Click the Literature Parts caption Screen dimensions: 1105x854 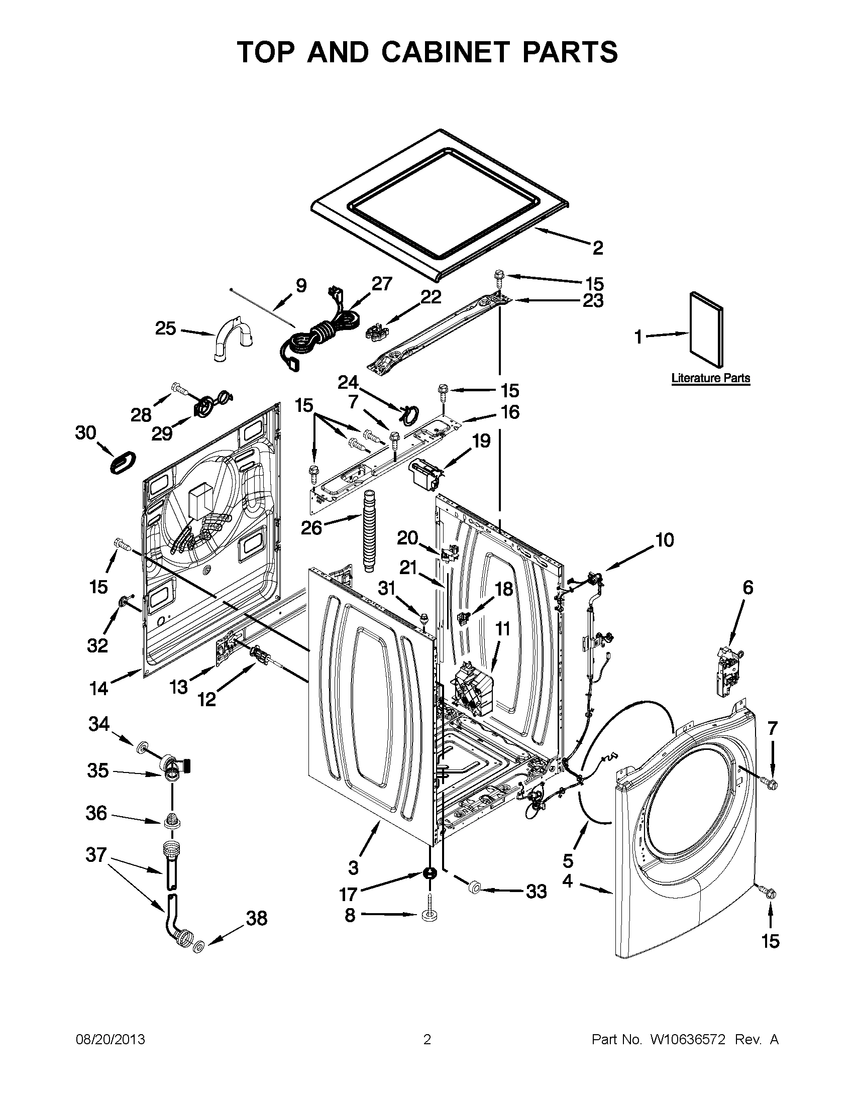pyautogui.click(x=710, y=378)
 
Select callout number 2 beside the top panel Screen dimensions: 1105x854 pyautogui.click(x=597, y=248)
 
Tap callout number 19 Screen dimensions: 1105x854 pyautogui.click(x=481, y=440)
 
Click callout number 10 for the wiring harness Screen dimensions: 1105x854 pyautogui.click(x=665, y=540)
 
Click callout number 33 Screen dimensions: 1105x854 pyautogui.click(x=537, y=891)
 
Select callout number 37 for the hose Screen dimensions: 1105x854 pyautogui.click(x=96, y=854)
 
